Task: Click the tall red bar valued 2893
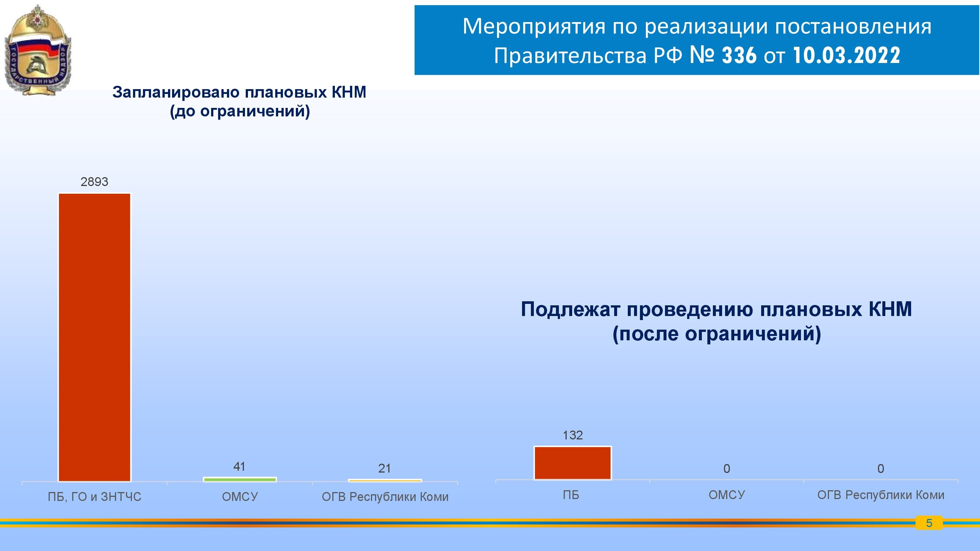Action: (x=94, y=337)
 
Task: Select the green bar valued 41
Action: (x=240, y=480)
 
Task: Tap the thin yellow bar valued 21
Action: (x=385, y=481)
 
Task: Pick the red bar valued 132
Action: (x=573, y=463)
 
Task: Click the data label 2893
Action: (x=94, y=182)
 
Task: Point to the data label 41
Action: (x=239, y=467)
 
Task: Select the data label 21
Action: (x=385, y=468)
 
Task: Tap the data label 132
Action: (x=573, y=435)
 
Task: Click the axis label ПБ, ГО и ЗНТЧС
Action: (x=94, y=496)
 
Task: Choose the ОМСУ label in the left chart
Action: (x=240, y=496)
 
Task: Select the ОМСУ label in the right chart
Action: (x=727, y=495)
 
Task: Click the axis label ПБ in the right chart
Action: (x=571, y=495)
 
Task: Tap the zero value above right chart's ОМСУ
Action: (x=727, y=469)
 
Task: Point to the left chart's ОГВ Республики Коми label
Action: (x=385, y=496)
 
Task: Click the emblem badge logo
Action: (x=38, y=50)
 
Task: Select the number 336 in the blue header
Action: (x=739, y=56)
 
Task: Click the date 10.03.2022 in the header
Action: (x=847, y=56)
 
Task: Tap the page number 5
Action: (x=929, y=523)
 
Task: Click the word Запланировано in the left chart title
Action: (x=176, y=92)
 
